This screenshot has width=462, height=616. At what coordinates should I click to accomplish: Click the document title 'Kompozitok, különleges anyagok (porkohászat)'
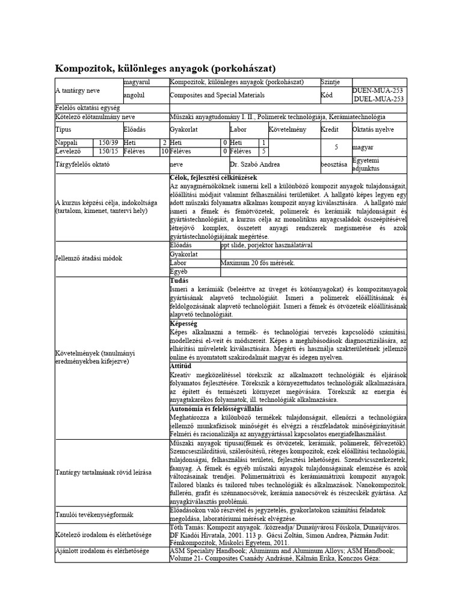coord(165,68)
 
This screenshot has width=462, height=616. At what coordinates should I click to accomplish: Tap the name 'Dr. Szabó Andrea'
coord(254,164)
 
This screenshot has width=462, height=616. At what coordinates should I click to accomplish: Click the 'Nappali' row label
coord(67,143)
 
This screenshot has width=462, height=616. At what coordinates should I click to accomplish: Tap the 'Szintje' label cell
coord(333,82)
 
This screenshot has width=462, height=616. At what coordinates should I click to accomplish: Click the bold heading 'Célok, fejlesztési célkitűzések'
coord(214,177)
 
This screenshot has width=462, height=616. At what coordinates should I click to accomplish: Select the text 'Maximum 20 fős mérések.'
coord(257,263)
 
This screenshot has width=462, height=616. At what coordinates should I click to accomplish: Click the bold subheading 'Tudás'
coord(179,280)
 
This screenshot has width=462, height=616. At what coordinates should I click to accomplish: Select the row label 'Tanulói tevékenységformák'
coord(94,514)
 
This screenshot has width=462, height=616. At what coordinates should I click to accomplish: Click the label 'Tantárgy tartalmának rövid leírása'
coord(103,472)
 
